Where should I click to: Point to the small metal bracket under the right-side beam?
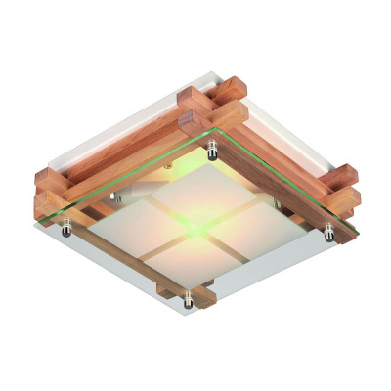pos(277,204)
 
